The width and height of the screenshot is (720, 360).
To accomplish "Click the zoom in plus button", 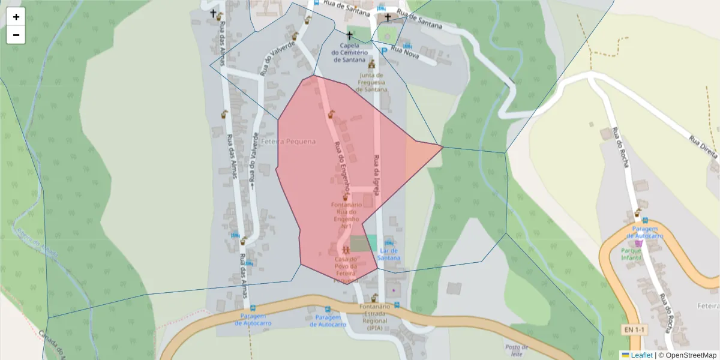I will (16, 17).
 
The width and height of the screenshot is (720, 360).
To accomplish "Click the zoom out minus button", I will (16, 35).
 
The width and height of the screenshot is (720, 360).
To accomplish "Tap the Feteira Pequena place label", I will (288, 141).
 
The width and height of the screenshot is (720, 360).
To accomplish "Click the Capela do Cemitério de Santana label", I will (350, 52).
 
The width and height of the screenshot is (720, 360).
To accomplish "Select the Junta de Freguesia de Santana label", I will (371, 82).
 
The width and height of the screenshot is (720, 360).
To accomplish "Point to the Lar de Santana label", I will (389, 254).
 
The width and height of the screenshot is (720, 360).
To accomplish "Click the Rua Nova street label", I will (404, 55).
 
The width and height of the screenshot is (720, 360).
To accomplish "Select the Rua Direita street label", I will (703, 147).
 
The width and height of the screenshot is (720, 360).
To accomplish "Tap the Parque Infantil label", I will (632, 254).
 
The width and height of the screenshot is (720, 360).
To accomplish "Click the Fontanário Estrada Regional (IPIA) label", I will (376, 317).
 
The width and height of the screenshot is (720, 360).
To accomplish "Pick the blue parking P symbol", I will (383, 52).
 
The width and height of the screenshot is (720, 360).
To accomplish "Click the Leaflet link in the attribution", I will (641, 355).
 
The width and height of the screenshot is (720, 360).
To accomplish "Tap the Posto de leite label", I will (517, 350).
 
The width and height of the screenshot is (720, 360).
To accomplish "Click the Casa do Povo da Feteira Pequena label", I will (346, 269).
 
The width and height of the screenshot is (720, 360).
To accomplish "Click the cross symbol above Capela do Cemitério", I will (349, 35).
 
